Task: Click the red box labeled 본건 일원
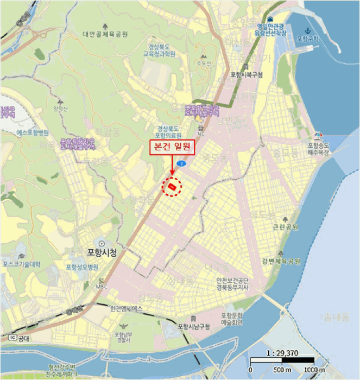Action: tap(170, 147)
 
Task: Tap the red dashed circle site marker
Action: tap(172, 187)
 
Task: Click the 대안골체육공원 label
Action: tap(105, 34)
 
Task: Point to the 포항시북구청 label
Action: tap(245, 75)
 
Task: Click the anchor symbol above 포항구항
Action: tap(307, 30)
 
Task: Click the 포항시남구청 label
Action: tap(193, 326)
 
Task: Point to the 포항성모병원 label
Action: tap(82, 267)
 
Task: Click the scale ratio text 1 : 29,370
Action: tap(282, 352)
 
